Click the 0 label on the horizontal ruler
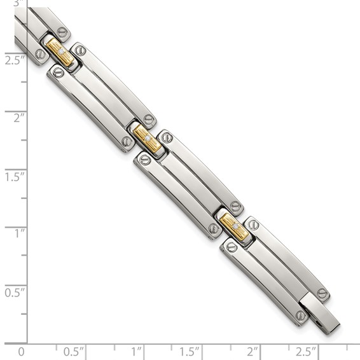22,350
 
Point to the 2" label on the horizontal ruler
253,350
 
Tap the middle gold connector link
147,137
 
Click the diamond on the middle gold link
148,137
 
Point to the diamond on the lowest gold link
235,226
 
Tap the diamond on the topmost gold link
62,53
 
